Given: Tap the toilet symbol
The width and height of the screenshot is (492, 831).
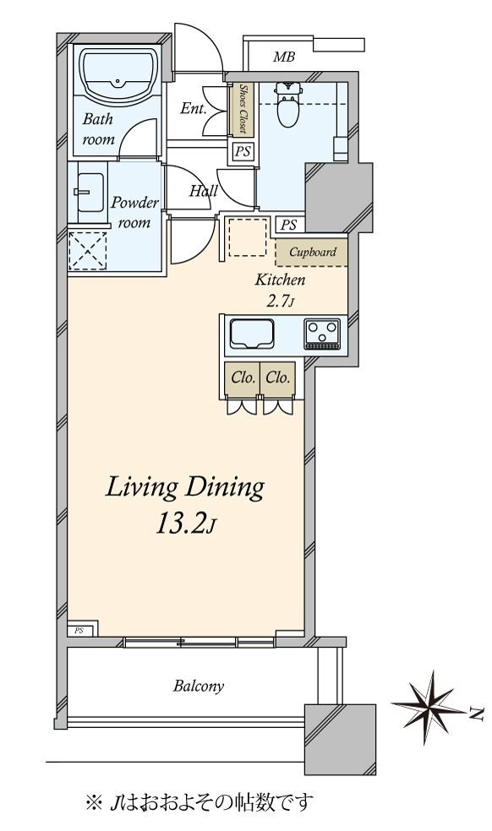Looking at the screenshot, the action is click(x=288, y=105).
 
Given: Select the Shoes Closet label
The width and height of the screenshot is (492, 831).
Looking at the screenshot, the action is click(x=243, y=109).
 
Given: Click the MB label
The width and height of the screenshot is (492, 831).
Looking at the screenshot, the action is click(x=284, y=57).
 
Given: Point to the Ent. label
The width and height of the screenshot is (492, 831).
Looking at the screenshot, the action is click(x=194, y=108).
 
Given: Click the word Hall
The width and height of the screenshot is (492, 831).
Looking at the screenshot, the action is click(x=203, y=190).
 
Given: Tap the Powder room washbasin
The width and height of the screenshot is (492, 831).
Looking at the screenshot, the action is click(x=90, y=192).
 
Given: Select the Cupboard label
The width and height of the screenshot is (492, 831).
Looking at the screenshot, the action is click(x=313, y=253).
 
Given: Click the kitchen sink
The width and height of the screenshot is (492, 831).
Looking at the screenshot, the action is click(x=252, y=334).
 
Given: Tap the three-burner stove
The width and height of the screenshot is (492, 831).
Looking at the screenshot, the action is click(x=322, y=334).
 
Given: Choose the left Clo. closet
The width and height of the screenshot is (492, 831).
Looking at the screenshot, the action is click(x=242, y=378).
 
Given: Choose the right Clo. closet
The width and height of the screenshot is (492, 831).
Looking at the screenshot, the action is click(x=277, y=378).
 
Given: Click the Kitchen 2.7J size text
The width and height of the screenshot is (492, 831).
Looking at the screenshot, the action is click(x=280, y=302).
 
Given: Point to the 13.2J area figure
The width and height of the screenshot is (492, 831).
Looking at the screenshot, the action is click(x=186, y=524).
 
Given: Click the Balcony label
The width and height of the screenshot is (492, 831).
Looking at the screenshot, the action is click(x=199, y=687).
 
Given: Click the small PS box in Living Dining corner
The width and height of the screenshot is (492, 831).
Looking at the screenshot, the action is click(x=80, y=631).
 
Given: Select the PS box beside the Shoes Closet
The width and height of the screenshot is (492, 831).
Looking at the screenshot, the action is click(x=243, y=152).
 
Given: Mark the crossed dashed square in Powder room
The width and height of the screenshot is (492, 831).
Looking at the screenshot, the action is click(x=88, y=251).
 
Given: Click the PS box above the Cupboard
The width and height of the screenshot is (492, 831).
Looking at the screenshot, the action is click(x=289, y=225).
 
